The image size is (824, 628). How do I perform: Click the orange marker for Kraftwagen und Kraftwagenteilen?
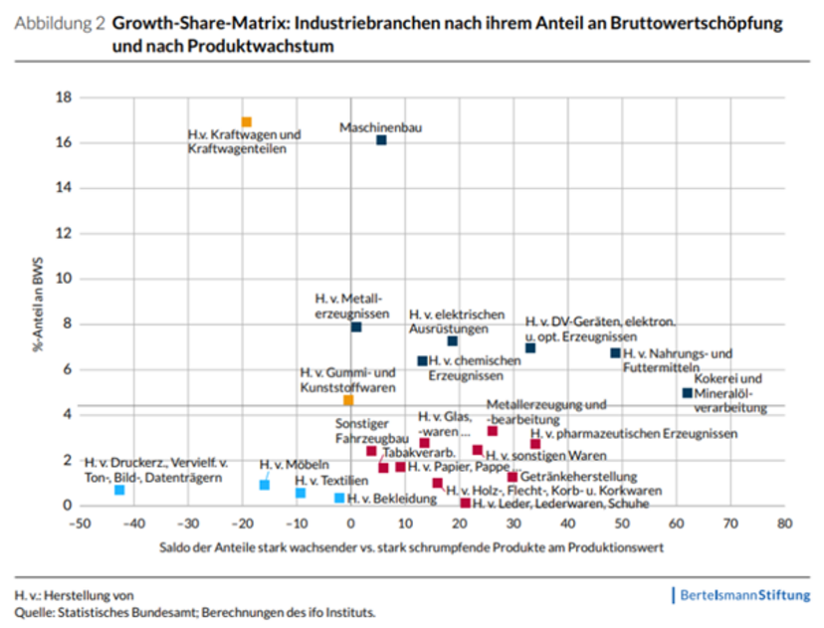[247, 122]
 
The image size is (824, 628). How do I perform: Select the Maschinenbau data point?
[381, 140]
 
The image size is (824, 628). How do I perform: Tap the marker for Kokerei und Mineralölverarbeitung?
[687, 393]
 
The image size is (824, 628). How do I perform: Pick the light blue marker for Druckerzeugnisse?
[119, 490]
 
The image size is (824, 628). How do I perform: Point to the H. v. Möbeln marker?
[265, 485]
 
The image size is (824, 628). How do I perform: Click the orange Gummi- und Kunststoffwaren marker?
[348, 400]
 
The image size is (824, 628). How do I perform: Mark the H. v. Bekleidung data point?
[339, 498]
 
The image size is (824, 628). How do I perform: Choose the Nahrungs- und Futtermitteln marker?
[615, 353]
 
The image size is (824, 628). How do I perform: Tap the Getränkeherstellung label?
[574, 476]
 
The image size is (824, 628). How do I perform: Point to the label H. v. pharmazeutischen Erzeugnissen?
[634, 434]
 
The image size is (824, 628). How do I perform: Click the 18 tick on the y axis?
[65, 98]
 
